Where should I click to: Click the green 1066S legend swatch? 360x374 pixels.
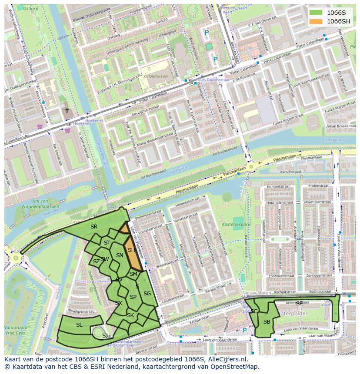pos(317,13)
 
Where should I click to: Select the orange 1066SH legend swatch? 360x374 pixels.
pos(317,21)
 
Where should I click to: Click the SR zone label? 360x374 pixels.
pos(94,227)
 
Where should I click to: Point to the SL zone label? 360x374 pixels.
pos(79,325)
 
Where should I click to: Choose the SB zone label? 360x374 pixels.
pos(267,321)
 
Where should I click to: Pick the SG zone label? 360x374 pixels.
pos(147,294)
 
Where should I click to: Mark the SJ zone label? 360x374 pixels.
pos(105,336)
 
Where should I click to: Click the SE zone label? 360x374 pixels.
pos(299,304)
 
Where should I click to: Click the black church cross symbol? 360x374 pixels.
pos(67,111)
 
